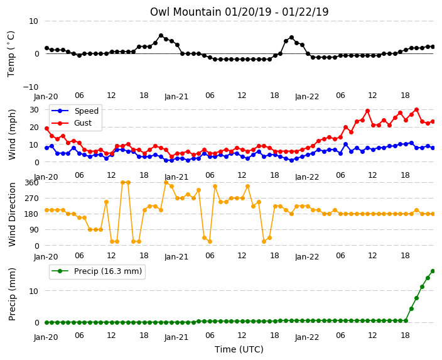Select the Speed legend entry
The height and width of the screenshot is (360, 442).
point(75,111)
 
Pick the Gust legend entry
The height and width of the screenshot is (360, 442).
point(72,123)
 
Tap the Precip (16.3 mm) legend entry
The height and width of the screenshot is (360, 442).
point(97,271)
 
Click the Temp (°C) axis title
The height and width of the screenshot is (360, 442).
point(11,54)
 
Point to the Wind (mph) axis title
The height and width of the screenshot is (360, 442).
point(12,134)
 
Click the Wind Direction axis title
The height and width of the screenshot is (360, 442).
point(12,214)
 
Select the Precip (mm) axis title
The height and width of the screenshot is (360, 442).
point(12,294)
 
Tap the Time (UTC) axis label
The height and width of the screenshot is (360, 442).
point(239,349)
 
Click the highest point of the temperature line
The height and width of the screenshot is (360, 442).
point(161,36)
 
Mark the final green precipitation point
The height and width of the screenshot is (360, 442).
point(433,271)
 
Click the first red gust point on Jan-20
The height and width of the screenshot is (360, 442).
point(47,128)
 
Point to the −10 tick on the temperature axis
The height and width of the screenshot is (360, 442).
point(31,87)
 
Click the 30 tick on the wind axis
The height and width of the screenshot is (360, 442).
point(34,109)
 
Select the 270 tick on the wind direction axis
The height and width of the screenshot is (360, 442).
point(31,199)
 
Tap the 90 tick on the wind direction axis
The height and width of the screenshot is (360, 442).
point(34,230)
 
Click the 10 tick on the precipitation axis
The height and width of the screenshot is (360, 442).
point(34,291)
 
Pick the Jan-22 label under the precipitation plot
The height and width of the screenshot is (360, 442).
point(307,337)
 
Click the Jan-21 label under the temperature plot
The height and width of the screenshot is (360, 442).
point(176,97)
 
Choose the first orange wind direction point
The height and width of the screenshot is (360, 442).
point(47,210)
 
